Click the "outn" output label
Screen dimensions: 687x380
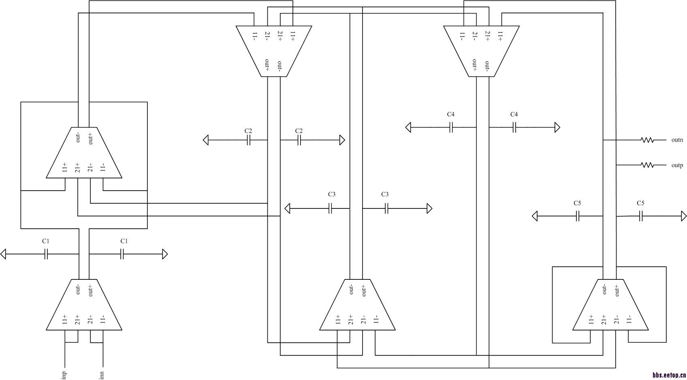[677, 140]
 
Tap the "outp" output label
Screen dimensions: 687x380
[677, 165]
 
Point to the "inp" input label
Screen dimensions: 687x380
[64, 375]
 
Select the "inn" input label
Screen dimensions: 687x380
[102, 375]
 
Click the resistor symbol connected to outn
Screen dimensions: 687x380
[647, 140]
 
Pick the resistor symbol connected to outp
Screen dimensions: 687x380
[647, 165]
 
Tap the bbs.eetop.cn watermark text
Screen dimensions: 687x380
[669, 375]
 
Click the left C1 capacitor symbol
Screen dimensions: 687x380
[46, 254]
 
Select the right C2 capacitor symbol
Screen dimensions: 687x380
[299, 140]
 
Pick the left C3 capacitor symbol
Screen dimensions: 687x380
[330, 209]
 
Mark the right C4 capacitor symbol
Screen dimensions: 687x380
[514, 127]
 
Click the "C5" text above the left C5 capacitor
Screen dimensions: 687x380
[577, 203]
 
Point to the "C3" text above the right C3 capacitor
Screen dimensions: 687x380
[385, 194]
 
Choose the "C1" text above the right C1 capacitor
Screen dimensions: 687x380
[124, 241]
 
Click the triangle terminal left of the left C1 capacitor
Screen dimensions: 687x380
[3, 254]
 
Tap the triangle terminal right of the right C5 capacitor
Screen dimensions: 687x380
[684, 216]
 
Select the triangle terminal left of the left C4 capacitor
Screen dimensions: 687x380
[408, 127]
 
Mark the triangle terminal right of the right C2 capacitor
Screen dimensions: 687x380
[342, 140]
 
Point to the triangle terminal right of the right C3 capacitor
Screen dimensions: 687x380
[430, 209]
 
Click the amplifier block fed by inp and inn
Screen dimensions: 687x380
[84, 305]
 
